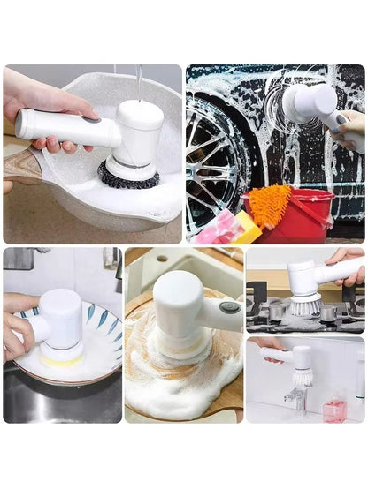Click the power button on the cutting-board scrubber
(x=229, y=307)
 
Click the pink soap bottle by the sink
(x=333, y=409)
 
